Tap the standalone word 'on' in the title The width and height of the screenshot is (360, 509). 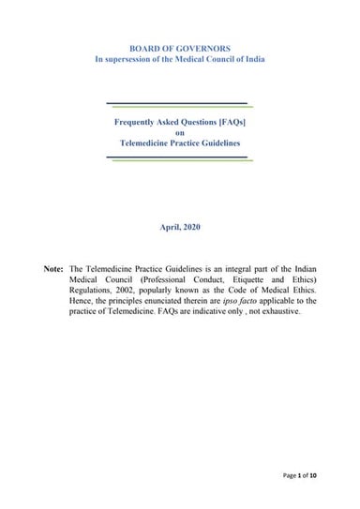point(181,132)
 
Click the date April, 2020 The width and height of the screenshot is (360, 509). point(180,227)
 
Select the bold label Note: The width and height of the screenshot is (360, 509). point(53,269)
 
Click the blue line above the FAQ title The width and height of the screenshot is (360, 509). point(176,103)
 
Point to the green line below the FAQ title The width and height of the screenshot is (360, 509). point(184,159)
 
